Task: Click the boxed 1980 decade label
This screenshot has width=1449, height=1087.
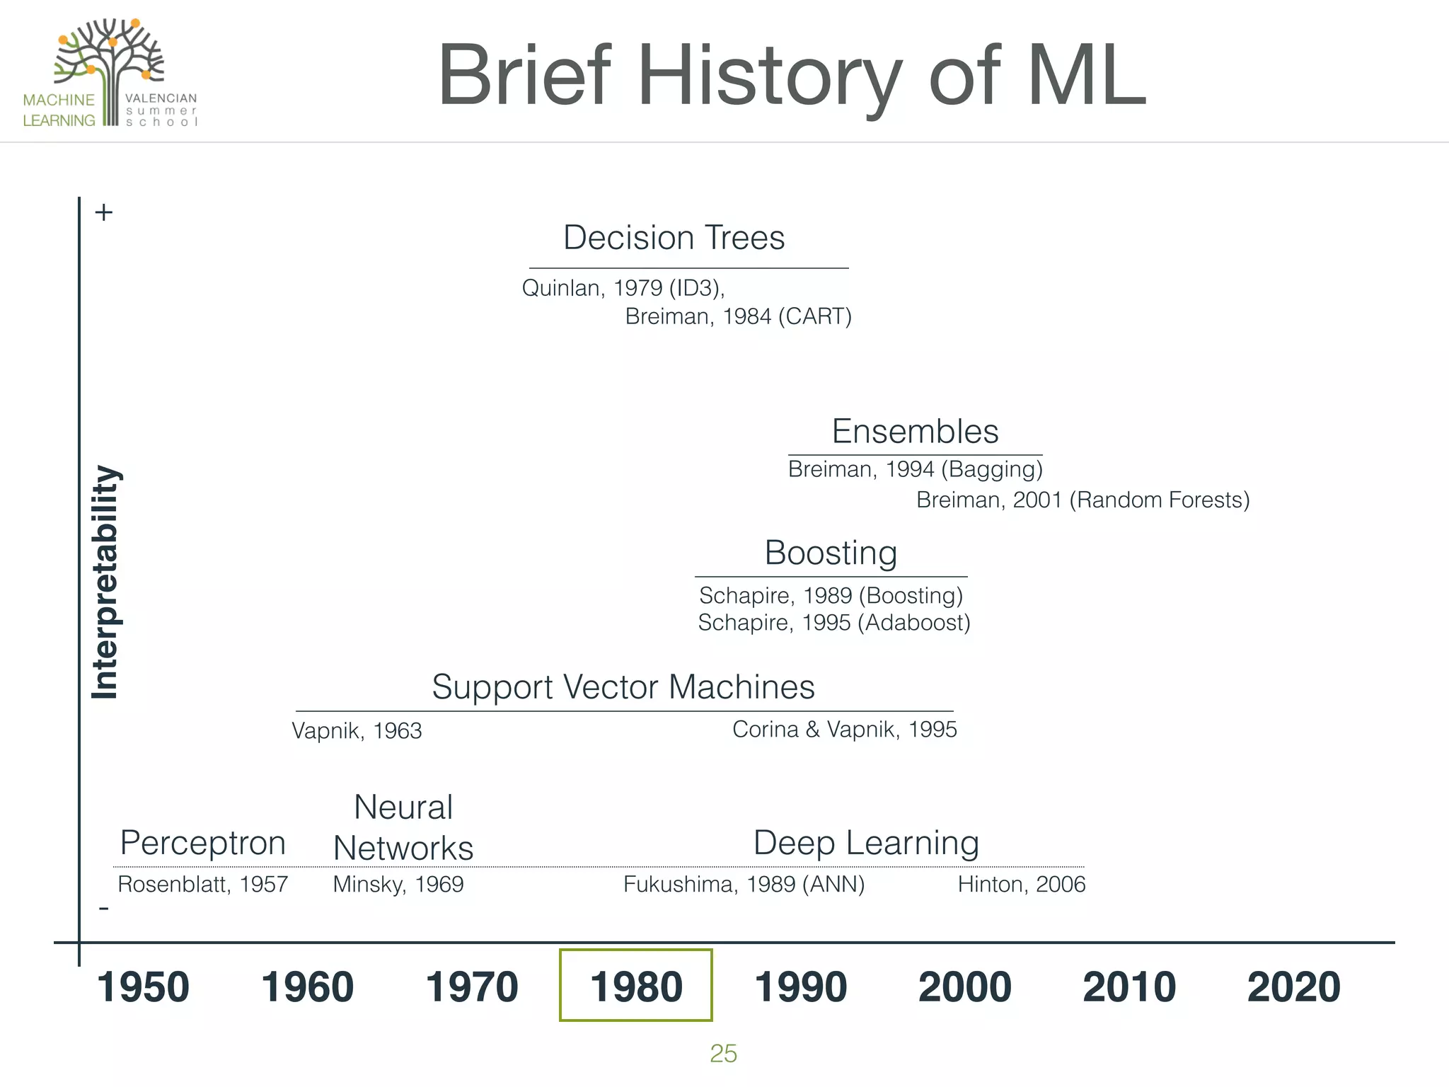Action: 635,987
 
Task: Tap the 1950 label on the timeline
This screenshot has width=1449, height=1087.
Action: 143,987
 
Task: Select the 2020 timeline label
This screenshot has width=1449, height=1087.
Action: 1293,987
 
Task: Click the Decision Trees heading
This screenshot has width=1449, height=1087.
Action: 674,238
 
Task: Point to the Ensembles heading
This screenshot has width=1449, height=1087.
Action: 915,432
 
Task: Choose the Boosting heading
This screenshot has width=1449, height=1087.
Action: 831,553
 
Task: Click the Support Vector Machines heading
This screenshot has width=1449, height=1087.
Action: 623,687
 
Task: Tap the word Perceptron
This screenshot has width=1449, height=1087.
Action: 203,843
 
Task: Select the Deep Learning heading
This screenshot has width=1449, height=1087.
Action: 866,843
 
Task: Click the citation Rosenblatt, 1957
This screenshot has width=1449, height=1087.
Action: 203,885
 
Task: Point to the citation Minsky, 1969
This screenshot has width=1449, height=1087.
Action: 398,885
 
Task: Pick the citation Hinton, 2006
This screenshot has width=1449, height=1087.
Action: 1021,885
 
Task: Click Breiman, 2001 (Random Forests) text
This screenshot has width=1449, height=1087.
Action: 1083,500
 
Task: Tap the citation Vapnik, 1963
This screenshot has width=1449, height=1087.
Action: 357,731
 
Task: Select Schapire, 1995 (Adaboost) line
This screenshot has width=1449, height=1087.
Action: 833,623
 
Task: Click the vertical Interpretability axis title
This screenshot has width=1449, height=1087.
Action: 105,582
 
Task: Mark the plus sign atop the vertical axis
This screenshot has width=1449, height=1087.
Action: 104,212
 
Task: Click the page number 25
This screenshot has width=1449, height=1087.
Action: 723,1054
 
